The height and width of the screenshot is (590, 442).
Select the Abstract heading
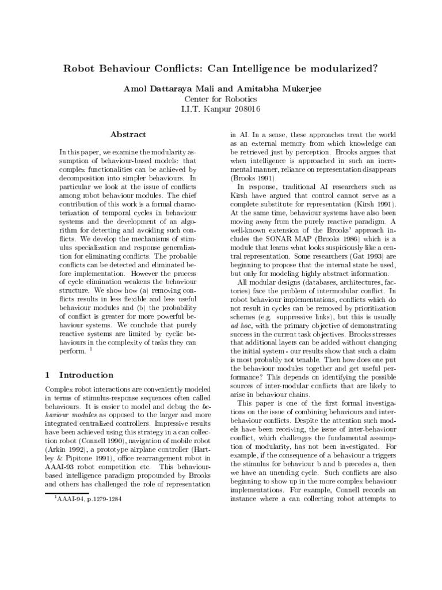128,134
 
